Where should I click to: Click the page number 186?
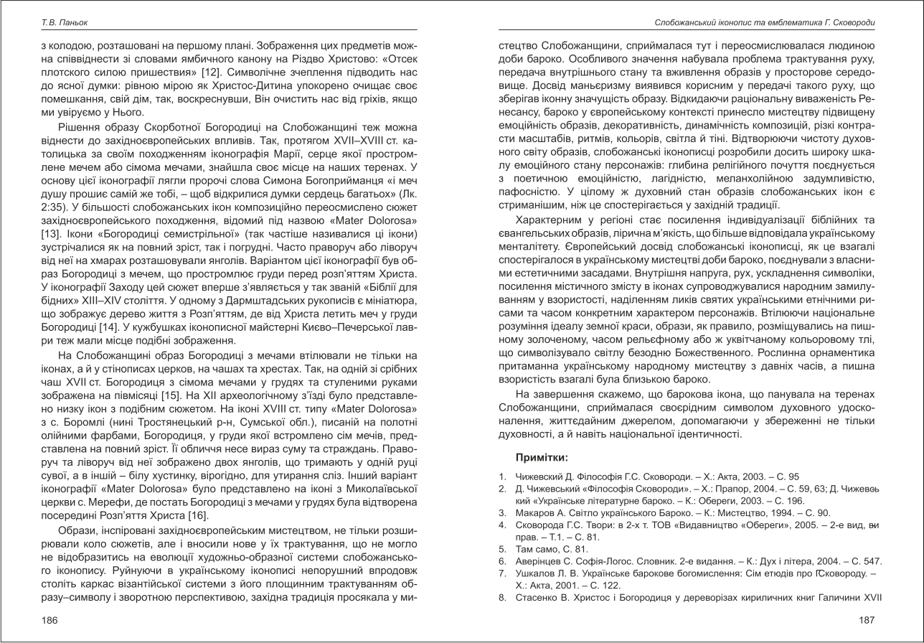click(49, 619)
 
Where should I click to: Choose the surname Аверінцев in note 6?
click(542, 560)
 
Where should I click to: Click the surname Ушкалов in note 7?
click(538, 573)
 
